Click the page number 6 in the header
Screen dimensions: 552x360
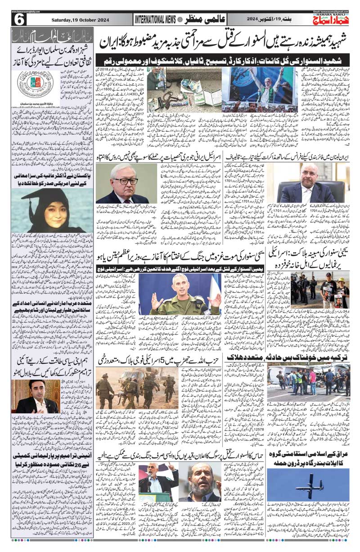(x=19, y=19)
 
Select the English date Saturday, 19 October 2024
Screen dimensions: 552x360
(x=75, y=19)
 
